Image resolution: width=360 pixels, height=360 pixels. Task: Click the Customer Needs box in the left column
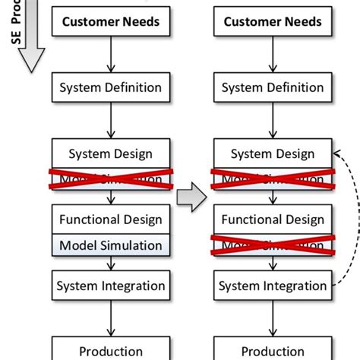(x=112, y=21)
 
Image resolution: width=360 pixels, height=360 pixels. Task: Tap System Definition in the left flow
(x=112, y=87)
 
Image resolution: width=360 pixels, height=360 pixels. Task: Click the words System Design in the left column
(x=112, y=154)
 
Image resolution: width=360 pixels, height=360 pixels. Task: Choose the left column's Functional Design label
(x=112, y=220)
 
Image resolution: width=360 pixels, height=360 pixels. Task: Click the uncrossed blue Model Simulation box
(x=112, y=245)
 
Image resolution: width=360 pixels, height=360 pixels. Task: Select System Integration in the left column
(x=112, y=286)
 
